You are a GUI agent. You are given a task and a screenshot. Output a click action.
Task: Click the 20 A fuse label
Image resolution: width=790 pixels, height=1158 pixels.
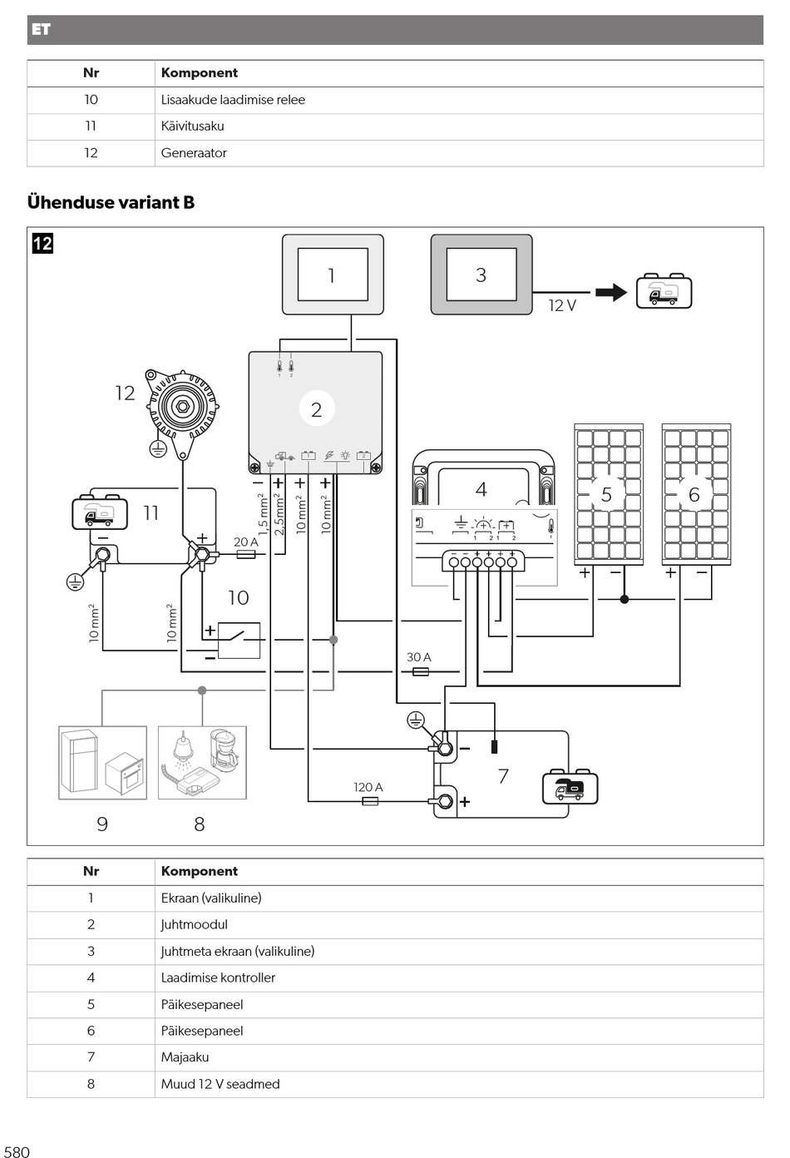click(245, 542)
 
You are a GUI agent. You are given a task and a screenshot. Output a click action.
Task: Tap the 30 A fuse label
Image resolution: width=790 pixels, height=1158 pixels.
click(418, 657)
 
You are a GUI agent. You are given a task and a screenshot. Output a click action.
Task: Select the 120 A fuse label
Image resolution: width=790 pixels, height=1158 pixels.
click(368, 787)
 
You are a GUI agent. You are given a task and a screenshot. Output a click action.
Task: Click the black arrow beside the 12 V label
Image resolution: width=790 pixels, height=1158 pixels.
click(611, 292)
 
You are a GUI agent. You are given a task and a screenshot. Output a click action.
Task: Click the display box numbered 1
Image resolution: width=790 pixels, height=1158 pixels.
click(333, 275)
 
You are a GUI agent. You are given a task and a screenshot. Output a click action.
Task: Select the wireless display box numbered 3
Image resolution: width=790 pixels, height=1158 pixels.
click(481, 275)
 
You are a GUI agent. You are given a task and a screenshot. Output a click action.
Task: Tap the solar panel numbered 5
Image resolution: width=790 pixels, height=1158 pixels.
click(609, 494)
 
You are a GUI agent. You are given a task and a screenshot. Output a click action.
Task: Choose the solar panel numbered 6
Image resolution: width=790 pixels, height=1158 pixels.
click(697, 494)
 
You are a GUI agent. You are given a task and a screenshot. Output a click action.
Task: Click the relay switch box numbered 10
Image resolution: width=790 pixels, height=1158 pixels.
click(239, 641)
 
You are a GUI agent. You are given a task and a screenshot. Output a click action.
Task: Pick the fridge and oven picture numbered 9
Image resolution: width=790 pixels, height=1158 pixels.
click(102, 763)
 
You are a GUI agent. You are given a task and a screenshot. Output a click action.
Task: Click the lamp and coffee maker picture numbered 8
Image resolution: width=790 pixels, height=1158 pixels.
click(202, 763)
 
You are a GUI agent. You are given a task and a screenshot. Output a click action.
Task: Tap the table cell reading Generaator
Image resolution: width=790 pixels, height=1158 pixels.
click(194, 153)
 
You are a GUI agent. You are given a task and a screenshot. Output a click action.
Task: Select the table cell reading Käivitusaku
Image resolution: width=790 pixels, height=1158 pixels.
click(192, 126)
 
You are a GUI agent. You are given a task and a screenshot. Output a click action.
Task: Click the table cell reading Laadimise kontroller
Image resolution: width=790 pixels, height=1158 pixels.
click(218, 977)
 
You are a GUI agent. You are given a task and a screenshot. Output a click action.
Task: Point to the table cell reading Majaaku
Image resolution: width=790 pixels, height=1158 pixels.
click(185, 1057)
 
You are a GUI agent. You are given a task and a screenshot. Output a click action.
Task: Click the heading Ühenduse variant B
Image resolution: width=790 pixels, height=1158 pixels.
click(111, 202)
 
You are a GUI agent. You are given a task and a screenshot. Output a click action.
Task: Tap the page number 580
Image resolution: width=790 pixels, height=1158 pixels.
click(17, 1152)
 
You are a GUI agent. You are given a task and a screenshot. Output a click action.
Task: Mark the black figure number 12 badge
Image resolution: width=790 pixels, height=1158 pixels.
click(42, 243)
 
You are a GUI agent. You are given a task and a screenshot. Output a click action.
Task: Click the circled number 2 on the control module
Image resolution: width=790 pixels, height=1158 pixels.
click(317, 409)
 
